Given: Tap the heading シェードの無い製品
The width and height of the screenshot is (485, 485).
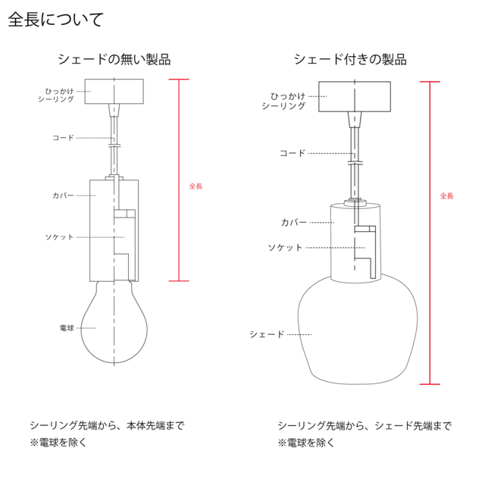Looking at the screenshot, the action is (x=114, y=60).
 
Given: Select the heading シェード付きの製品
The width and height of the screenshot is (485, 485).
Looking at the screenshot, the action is (x=349, y=60).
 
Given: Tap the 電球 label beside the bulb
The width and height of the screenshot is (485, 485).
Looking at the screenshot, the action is (x=67, y=328).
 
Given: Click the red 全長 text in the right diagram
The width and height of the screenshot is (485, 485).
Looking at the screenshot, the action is (x=447, y=196).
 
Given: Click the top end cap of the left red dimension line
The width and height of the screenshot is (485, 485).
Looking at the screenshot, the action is (x=179, y=78).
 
